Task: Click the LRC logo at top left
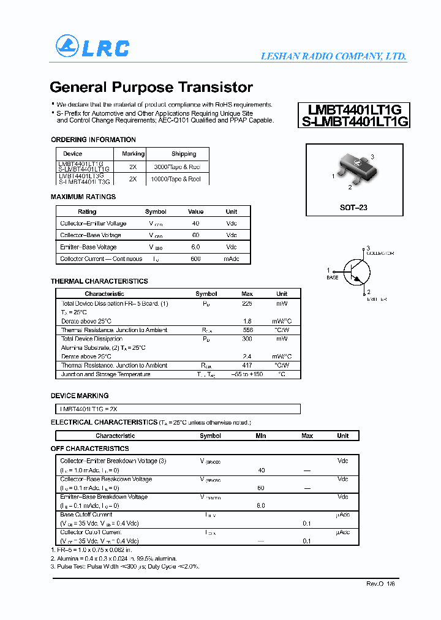point(92,47)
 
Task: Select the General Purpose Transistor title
point(151,87)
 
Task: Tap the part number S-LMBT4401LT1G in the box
point(355,121)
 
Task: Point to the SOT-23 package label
point(353,208)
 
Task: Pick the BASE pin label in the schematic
point(332,278)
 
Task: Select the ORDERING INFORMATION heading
point(93,140)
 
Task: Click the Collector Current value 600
point(195,259)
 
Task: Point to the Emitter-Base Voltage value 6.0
point(195,247)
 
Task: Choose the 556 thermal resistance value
point(247,330)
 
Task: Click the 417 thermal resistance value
point(247,366)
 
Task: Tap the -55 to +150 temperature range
point(247,374)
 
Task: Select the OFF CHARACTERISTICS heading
point(89,449)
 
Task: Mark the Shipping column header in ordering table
point(184,154)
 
